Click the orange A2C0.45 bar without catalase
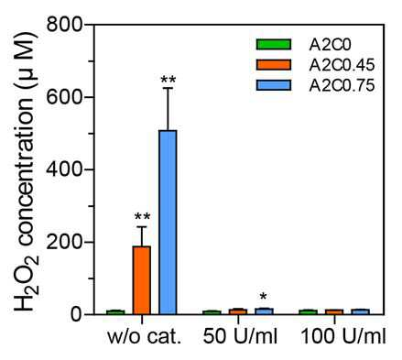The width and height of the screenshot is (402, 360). pyautogui.click(x=142, y=280)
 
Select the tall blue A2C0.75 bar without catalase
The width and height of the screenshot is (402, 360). pyautogui.click(x=168, y=223)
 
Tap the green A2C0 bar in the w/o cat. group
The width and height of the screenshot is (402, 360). pyautogui.click(x=115, y=312)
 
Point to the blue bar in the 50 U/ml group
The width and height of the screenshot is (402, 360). pyautogui.click(x=265, y=311)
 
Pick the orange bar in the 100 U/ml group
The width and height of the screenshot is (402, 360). pyautogui.click(x=334, y=311)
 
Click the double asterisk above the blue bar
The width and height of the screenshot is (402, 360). pyautogui.click(x=168, y=80)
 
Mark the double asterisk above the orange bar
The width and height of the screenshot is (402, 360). pyautogui.click(x=142, y=217)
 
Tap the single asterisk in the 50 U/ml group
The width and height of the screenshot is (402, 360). pyautogui.click(x=264, y=296)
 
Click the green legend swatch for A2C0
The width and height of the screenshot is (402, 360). pyautogui.click(x=274, y=45)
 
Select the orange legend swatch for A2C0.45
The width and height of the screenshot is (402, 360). pyautogui.click(x=274, y=65)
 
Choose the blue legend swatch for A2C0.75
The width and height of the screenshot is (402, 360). pyautogui.click(x=274, y=85)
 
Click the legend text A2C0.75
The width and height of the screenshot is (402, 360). pyautogui.click(x=342, y=86)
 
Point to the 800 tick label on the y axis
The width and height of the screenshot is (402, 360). pyautogui.click(x=65, y=24)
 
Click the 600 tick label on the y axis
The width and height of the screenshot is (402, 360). pyautogui.click(x=65, y=97)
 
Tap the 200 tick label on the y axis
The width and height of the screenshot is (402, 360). pyautogui.click(x=65, y=242)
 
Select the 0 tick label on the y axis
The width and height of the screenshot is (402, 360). pyautogui.click(x=77, y=314)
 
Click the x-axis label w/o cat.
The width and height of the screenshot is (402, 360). pyautogui.click(x=145, y=337)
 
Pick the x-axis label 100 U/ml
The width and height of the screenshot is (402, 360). pyautogui.click(x=343, y=337)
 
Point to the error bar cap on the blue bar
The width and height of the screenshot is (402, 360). pyautogui.click(x=168, y=88)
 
